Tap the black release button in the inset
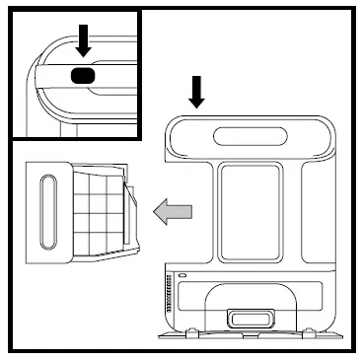tap(84, 75)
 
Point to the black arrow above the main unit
tap(197, 91)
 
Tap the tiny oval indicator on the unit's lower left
tap(181, 274)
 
